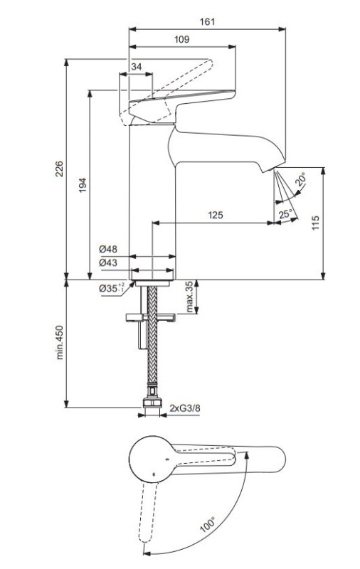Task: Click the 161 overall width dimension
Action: (x=207, y=22)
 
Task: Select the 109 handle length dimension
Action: (x=182, y=39)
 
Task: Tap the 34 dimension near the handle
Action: (x=137, y=67)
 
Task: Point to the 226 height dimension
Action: (x=59, y=169)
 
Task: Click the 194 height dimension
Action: (x=83, y=185)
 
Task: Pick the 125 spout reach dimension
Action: (x=215, y=216)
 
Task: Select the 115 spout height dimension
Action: (x=315, y=223)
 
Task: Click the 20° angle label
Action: (x=301, y=179)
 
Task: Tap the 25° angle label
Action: (x=285, y=214)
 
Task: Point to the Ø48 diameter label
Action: (x=108, y=249)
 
